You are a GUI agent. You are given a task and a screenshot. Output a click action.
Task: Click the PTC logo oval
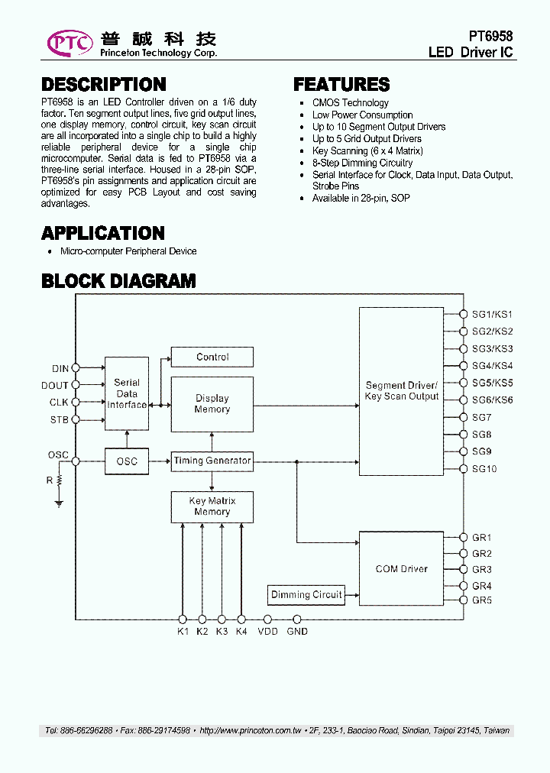[70, 43]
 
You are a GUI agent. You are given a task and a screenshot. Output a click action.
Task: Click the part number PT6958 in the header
[490, 37]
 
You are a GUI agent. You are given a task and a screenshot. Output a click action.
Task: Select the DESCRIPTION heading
[103, 85]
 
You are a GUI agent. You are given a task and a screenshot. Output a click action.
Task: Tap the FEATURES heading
[341, 85]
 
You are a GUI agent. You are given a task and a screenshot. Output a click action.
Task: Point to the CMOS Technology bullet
[350, 103]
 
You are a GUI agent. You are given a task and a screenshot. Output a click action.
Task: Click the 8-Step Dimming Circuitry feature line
[362, 163]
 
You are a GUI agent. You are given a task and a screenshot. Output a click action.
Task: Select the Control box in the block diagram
[212, 357]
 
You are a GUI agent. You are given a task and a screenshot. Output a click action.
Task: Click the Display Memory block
[212, 404]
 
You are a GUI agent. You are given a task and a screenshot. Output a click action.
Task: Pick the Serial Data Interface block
[127, 393]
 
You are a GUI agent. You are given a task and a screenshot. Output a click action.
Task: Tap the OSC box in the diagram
[127, 461]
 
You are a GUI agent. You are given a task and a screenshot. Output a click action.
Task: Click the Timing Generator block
[212, 461]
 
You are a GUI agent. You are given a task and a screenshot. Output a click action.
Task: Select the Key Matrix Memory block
[212, 506]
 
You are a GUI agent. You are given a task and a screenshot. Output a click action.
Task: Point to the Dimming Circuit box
[306, 594]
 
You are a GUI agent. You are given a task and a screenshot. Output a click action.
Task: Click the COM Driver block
[401, 569]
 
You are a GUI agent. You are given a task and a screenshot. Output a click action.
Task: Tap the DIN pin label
[60, 369]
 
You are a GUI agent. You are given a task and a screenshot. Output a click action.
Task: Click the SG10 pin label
[484, 468]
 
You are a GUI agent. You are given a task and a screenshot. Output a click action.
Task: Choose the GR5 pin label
[482, 600]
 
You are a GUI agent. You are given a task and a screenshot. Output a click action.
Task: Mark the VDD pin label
[267, 632]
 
